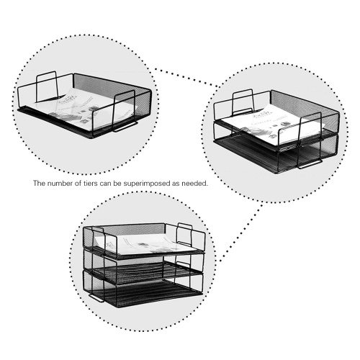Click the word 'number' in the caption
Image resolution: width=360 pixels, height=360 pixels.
(58, 184)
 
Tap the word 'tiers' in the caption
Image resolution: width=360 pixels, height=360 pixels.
(89, 184)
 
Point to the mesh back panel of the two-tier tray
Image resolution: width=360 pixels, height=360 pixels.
(305, 103)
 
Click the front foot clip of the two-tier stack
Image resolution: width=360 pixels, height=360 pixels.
(310, 165)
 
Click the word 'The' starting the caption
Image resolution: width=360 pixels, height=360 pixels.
(39, 184)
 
